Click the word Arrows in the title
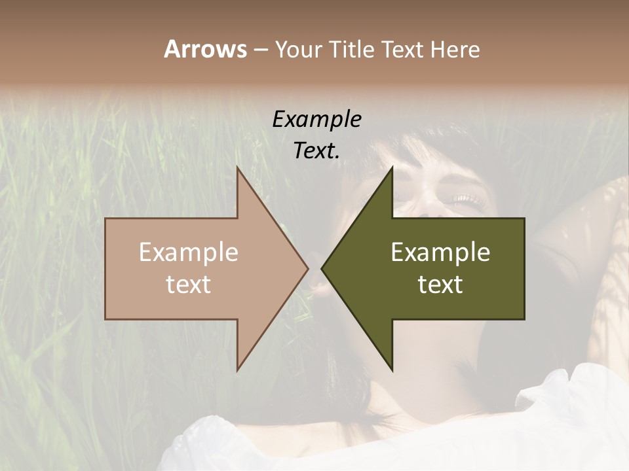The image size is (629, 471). tap(205, 49)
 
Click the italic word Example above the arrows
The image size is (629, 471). tap(316, 120)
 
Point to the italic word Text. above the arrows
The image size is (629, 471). tap(316, 151)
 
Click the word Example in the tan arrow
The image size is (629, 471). tap(189, 253)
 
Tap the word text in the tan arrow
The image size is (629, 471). tap(189, 285)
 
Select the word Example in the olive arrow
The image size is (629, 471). tap(440, 253)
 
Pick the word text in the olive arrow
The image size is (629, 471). tap(440, 285)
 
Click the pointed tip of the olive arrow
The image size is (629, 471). tap(322, 268)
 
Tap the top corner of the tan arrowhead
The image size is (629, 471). tap(237, 168)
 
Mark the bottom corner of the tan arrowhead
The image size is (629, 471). tap(237, 370)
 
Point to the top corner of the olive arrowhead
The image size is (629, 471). tap(392, 168)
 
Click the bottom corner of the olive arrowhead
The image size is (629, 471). tap(392, 370)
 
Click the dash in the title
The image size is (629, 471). tap(260, 50)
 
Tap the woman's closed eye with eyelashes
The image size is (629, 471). tap(463, 198)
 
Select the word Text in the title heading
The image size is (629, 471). tap(402, 50)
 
